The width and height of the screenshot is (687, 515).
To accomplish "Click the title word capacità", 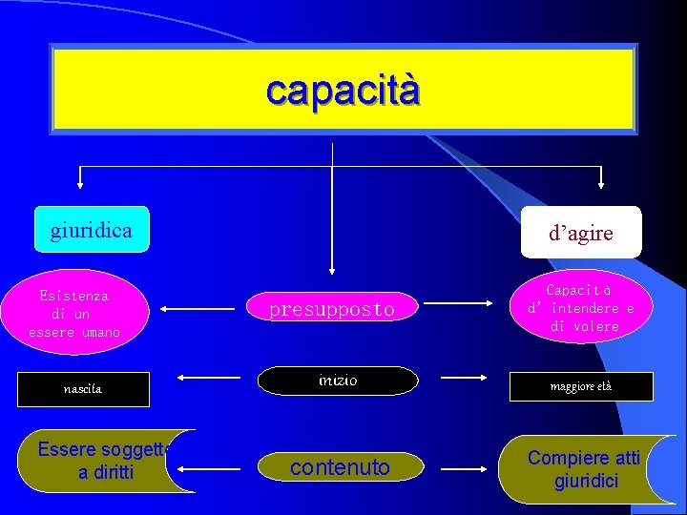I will click(343, 91).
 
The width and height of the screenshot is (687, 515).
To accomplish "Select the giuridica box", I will click(92, 230).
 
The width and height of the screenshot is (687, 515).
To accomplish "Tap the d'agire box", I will click(581, 233).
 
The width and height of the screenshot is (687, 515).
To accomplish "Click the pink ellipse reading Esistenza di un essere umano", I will click(74, 314).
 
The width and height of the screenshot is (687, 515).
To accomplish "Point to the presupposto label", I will click(331, 310).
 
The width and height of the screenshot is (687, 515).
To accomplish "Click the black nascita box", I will click(83, 389).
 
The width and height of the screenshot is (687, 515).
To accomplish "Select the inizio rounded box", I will click(338, 381).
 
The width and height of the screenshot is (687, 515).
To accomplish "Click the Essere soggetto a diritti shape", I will click(105, 461).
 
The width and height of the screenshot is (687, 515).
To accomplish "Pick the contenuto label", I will click(340, 467).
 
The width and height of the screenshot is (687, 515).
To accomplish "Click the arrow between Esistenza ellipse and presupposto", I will click(199, 309).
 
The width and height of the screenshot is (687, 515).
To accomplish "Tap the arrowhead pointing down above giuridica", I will click(80, 184).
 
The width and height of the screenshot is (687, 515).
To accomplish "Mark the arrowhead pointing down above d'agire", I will click(601, 184).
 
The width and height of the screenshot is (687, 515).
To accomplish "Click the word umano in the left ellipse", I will click(101, 333).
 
